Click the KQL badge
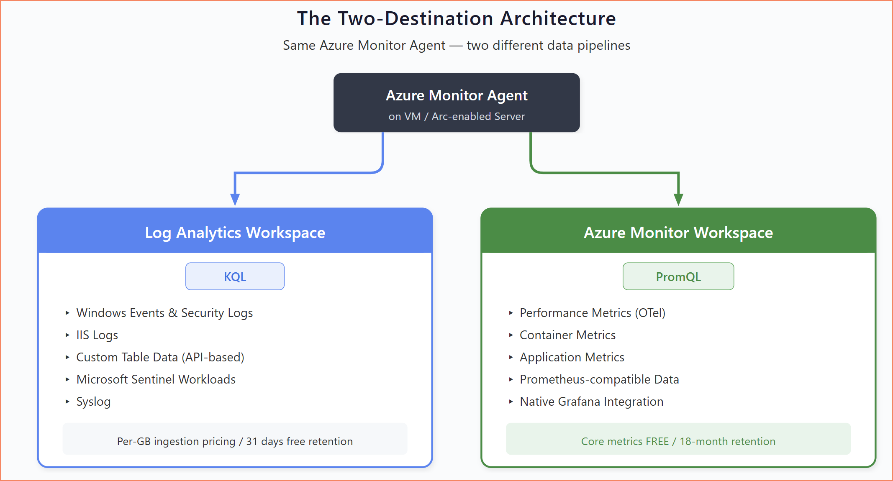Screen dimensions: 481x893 (x=235, y=276)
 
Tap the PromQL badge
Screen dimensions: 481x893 (x=678, y=276)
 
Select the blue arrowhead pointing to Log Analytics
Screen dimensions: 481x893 (x=235, y=199)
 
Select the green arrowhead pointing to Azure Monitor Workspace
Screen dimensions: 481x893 (x=678, y=199)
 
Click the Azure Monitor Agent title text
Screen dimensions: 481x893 (x=457, y=95)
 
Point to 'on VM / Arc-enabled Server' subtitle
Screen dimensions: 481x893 (x=457, y=116)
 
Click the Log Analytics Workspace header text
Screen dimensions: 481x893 (x=235, y=233)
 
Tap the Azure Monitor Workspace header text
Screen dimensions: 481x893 (x=678, y=233)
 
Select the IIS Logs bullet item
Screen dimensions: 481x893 (x=97, y=335)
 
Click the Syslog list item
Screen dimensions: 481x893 (x=93, y=402)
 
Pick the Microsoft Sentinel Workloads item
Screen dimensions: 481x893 (x=156, y=379)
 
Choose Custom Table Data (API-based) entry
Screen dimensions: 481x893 (x=160, y=357)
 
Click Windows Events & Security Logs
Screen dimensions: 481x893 (x=164, y=313)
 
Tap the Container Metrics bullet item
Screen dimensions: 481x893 (x=567, y=335)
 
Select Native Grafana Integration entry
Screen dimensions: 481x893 (x=591, y=402)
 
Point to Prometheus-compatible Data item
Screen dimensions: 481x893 (x=599, y=379)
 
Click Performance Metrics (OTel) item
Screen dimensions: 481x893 (x=592, y=313)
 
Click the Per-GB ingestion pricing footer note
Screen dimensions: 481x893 (x=235, y=441)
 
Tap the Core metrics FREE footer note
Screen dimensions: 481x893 (x=678, y=441)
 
